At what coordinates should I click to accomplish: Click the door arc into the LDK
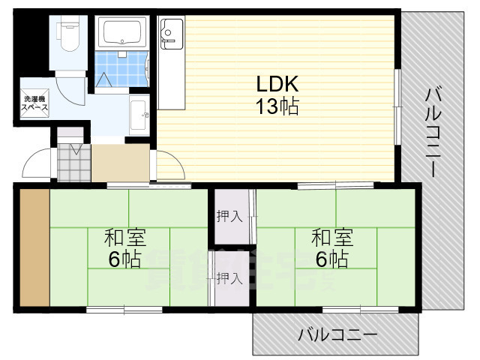tap(166, 165)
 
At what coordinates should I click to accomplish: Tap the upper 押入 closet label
tap(229, 217)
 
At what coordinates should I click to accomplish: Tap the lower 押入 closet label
tap(229, 278)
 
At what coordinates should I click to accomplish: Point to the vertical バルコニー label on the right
tap(433, 131)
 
